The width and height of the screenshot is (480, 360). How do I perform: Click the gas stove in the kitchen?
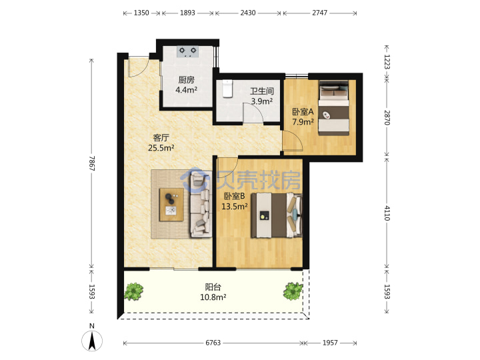coord(187,51)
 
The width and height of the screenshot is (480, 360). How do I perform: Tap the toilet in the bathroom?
coord(227,89)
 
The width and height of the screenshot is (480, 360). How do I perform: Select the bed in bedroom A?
coord(333,107)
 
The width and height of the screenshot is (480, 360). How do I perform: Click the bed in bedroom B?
coord(277,215)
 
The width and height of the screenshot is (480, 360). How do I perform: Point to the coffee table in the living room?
coord(171,205)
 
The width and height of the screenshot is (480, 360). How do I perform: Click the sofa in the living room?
coord(201,204)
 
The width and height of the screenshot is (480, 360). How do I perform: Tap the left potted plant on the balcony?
coord(133,291)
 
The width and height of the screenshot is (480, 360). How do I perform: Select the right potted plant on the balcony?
coord(293,291)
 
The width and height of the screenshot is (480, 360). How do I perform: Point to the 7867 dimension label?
coord(92,163)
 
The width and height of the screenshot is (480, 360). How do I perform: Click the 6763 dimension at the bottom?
coord(213,343)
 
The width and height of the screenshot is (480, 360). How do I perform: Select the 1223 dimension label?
coord(387,62)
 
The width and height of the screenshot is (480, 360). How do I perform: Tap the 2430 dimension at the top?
coord(248,13)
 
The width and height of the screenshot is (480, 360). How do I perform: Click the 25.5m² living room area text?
coord(161,148)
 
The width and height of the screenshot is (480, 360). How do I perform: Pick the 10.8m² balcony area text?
coord(213,297)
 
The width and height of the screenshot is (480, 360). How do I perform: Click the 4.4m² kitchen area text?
coord(186,90)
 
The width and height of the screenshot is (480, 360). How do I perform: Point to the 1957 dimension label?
coord(330,343)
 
